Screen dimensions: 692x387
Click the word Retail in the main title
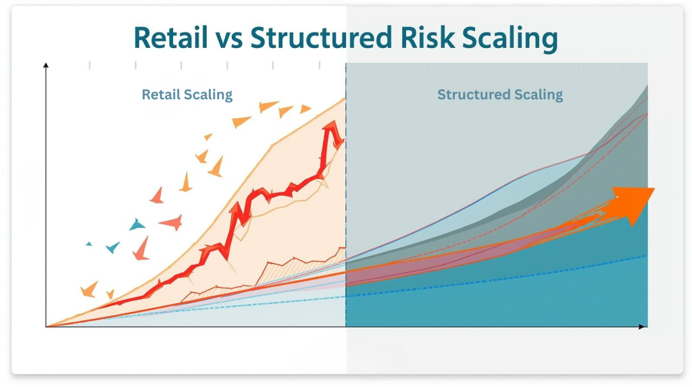(170, 38)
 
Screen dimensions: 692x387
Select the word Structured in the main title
(321, 38)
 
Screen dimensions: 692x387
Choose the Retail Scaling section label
(187, 95)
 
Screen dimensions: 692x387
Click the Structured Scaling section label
(500, 95)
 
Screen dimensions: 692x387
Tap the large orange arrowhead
(635, 203)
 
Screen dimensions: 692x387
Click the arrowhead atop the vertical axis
(46, 66)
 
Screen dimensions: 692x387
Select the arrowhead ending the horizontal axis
(644, 326)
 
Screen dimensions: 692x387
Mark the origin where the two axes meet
(47, 326)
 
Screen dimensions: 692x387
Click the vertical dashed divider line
(346, 195)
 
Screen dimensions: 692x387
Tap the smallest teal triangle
(89, 244)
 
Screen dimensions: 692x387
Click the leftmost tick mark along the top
(90, 66)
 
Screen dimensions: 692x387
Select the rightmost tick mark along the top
(319, 66)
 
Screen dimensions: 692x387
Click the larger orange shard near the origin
(90, 289)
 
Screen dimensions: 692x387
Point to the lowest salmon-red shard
(142, 249)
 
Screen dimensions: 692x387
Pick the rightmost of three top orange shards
(305, 109)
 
